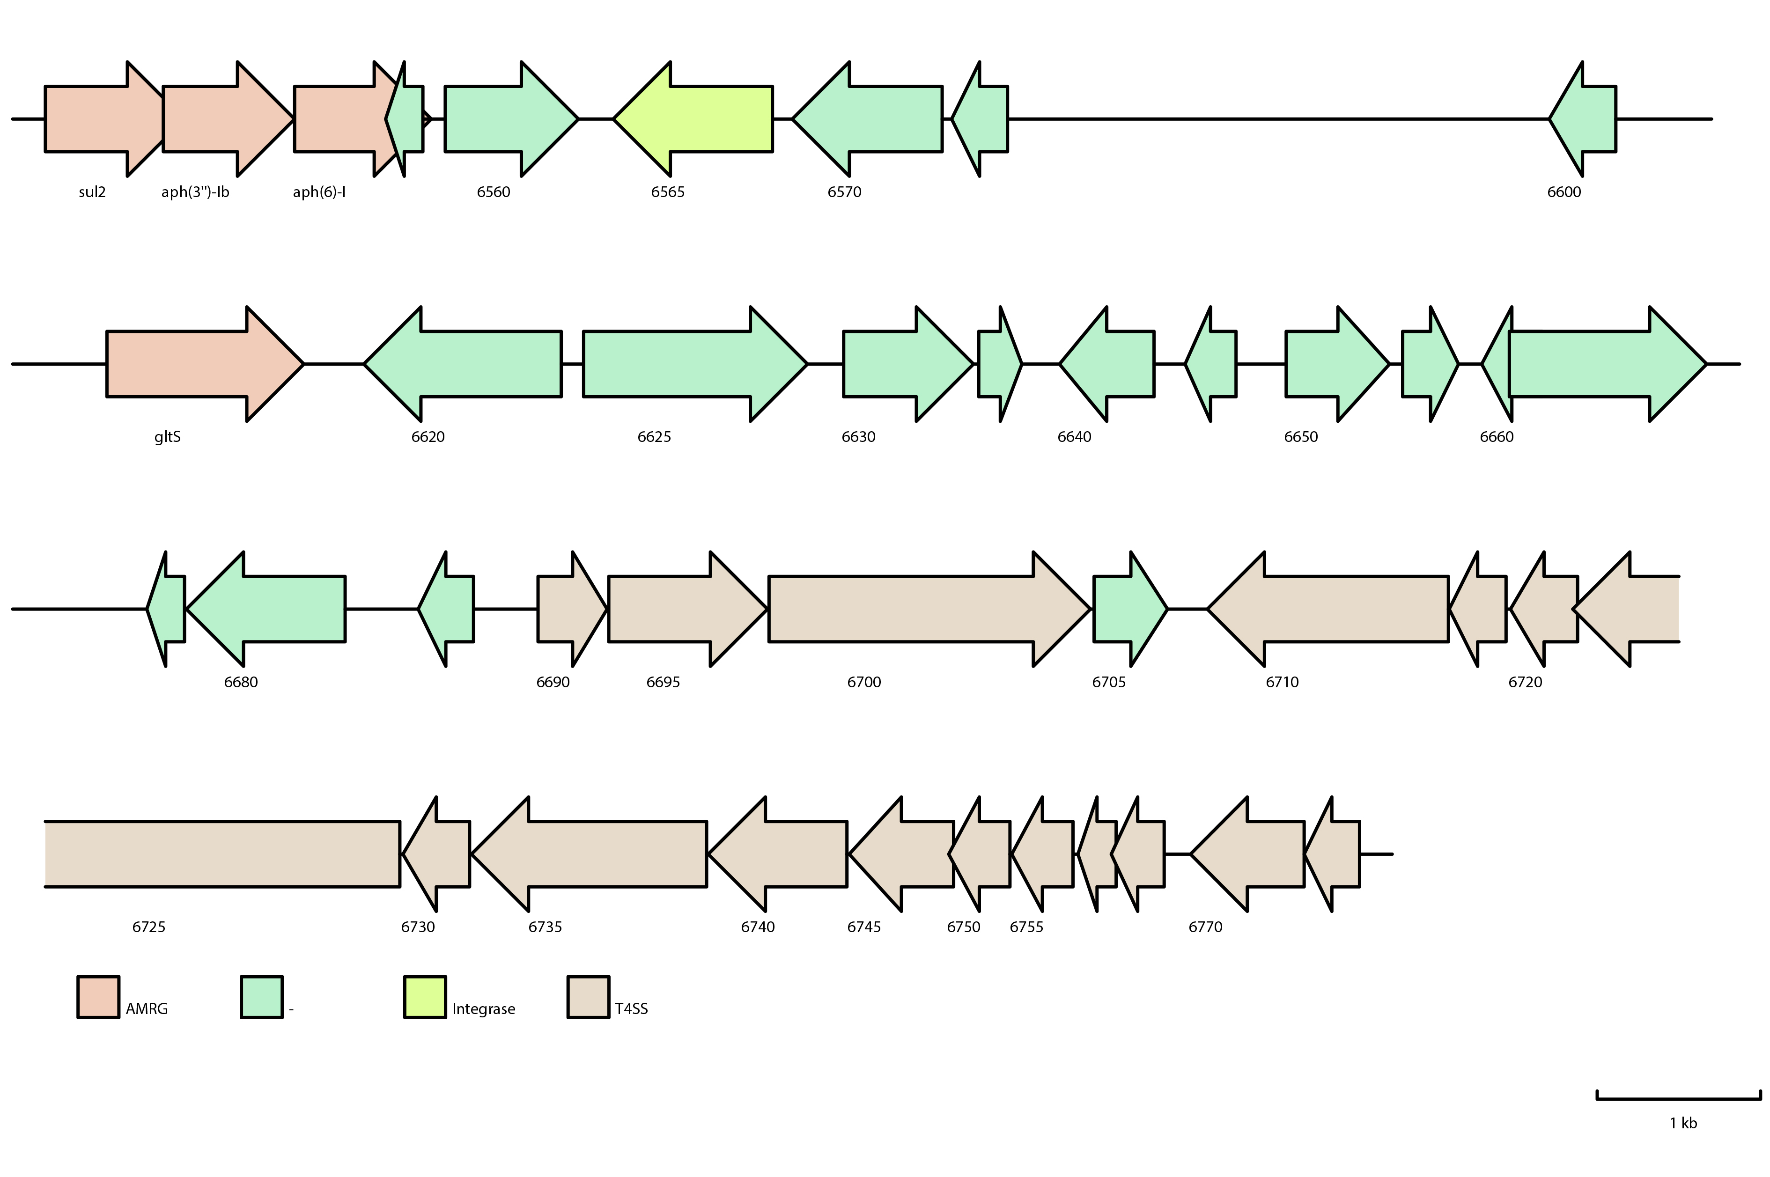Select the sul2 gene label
pyautogui.click(x=92, y=192)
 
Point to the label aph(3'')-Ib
pyautogui.click(x=195, y=192)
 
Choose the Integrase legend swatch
pyautogui.click(x=425, y=997)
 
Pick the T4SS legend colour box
pyautogui.click(x=589, y=997)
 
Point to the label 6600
pyautogui.click(x=1564, y=192)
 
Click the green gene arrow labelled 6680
pyautogui.click(x=270, y=609)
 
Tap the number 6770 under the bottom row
pyautogui.click(x=1206, y=927)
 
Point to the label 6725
pyautogui.click(x=148, y=927)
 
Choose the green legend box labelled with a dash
pyautogui.click(x=261, y=997)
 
